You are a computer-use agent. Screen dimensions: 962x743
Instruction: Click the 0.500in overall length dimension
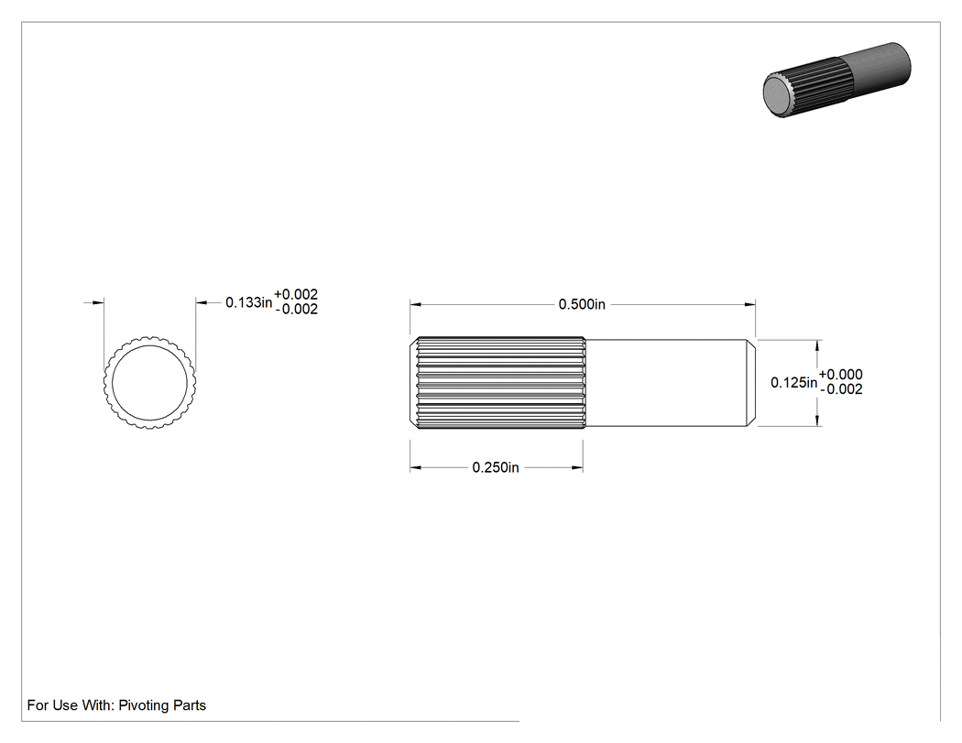582,304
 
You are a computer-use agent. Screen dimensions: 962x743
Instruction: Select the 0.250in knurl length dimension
496,467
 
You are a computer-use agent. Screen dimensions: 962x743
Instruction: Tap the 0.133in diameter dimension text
249,302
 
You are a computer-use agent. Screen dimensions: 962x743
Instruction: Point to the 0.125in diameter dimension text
794,383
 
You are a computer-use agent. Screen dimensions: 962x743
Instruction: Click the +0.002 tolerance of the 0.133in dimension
296,294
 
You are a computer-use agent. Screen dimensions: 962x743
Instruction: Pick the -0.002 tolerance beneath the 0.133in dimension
297,310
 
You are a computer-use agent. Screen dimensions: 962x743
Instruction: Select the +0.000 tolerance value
840,375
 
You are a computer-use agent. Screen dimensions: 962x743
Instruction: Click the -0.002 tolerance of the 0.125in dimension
842,389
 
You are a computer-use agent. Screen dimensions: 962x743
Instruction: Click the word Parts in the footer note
190,705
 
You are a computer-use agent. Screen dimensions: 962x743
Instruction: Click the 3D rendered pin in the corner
836,79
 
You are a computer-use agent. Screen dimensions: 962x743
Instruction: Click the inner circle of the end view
149,345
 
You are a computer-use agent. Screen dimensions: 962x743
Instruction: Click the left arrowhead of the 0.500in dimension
415,304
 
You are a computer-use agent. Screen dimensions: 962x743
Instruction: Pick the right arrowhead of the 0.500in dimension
749,304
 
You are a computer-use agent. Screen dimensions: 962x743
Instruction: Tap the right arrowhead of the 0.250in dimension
577,467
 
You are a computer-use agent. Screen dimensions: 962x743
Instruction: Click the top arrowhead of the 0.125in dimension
817,344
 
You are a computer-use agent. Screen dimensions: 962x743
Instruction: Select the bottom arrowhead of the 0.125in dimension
817,421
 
